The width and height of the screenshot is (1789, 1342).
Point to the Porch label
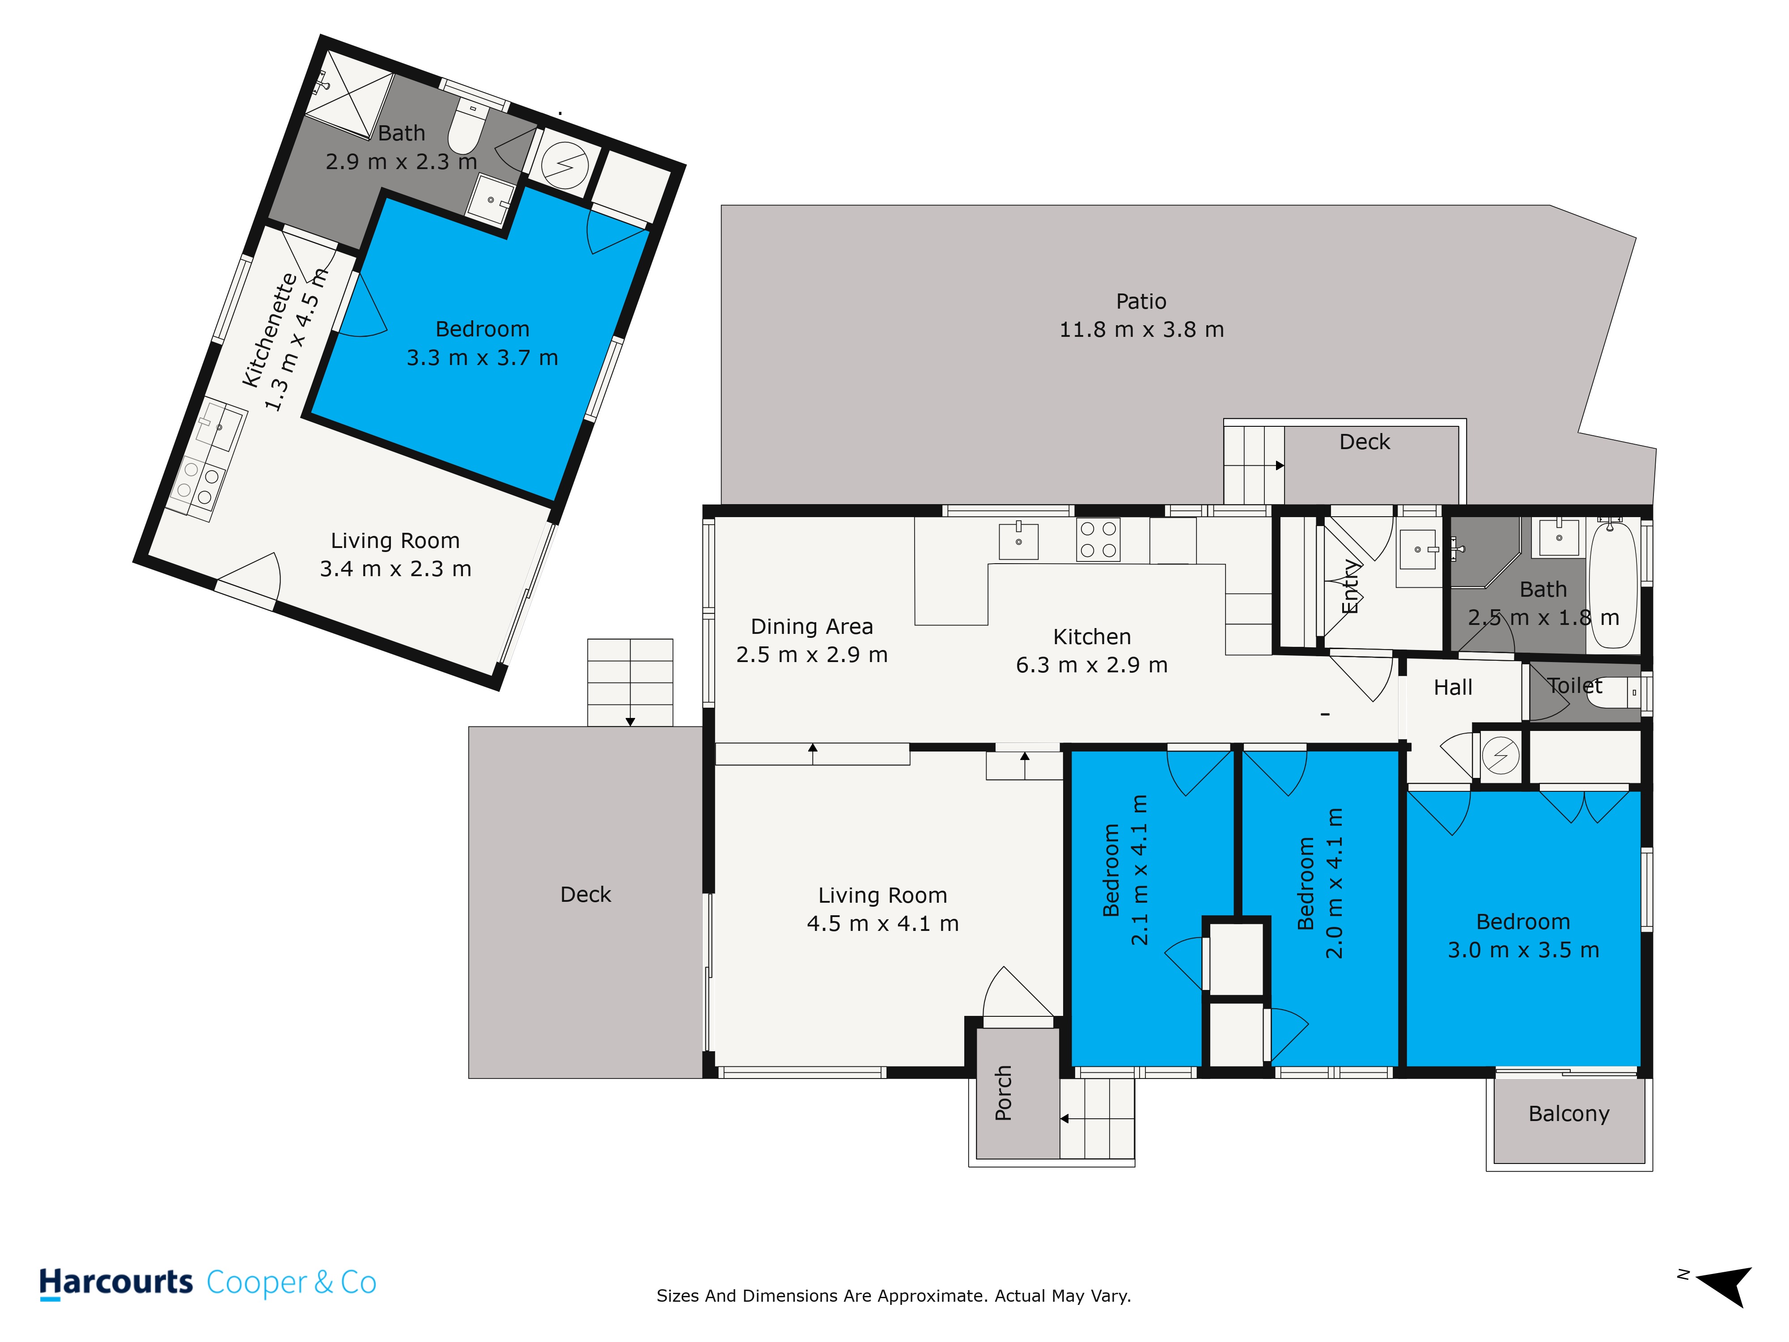point(1003,1093)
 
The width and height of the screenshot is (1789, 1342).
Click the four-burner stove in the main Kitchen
point(1098,539)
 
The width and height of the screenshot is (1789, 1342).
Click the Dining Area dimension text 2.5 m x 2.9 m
point(811,654)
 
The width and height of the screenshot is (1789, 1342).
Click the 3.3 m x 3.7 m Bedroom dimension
point(482,357)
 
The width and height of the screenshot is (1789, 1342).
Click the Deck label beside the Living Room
point(585,894)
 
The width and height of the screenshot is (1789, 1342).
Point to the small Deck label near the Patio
point(1365,442)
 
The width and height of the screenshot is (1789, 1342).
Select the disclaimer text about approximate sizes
point(894,1296)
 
